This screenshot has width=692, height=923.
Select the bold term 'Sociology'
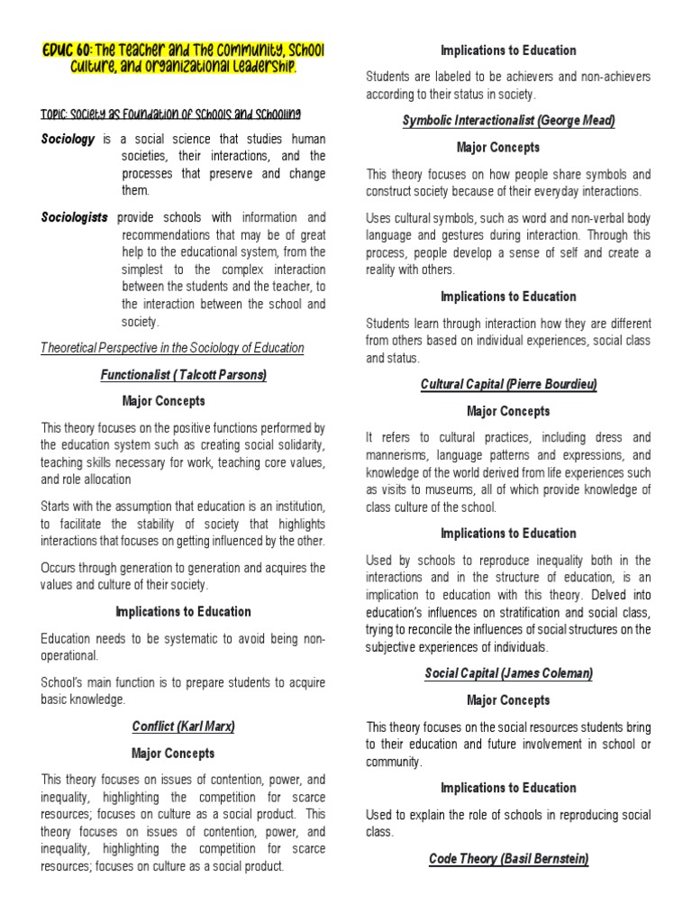click(x=68, y=140)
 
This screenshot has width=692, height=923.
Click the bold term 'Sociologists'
click(x=75, y=217)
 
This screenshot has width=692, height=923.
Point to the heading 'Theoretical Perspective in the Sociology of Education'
click(x=173, y=347)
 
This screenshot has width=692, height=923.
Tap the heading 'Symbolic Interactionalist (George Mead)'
click(x=508, y=122)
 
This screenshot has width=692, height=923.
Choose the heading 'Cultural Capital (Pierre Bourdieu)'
click(x=508, y=385)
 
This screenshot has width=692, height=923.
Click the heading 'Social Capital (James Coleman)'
click(x=508, y=673)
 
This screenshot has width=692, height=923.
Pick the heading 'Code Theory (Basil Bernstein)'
click(x=508, y=859)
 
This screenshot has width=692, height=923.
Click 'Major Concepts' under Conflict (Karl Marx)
click(x=173, y=753)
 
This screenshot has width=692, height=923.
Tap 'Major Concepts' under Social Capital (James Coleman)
click(x=508, y=700)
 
